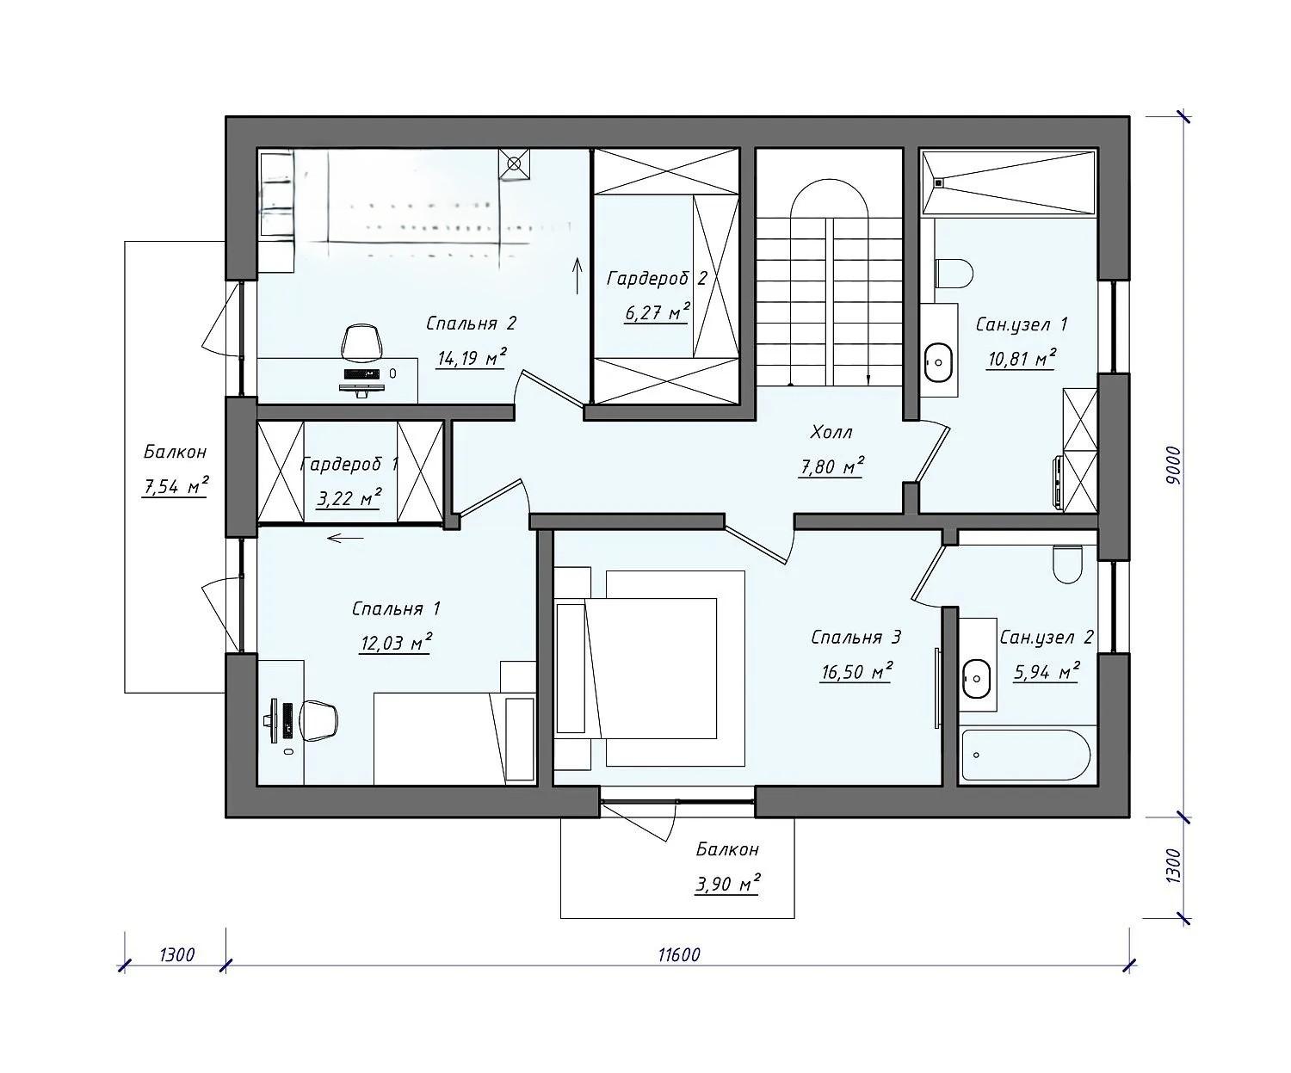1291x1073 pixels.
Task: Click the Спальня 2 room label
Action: click(471, 324)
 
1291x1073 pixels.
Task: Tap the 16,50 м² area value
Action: click(856, 670)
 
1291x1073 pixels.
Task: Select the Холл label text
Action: click(831, 432)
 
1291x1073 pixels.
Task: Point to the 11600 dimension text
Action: click(679, 955)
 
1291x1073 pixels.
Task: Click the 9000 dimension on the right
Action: click(1173, 465)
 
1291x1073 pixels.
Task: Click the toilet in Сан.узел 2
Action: click(1067, 564)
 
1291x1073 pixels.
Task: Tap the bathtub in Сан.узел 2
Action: click(1026, 755)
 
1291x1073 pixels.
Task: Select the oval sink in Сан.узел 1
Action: click(939, 362)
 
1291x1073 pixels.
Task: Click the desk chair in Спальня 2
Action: click(361, 343)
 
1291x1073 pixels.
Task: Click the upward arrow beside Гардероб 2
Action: click(578, 275)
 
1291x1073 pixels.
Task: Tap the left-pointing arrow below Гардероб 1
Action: click(345, 538)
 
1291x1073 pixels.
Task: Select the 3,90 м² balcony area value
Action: click(727, 883)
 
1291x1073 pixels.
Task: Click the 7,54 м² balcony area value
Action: click(176, 486)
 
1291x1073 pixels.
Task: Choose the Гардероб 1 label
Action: click(349, 464)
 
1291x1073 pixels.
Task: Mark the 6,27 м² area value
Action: click(658, 312)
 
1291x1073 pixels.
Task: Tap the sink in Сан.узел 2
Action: click(976, 679)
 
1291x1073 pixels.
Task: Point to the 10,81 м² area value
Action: click(1021, 358)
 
